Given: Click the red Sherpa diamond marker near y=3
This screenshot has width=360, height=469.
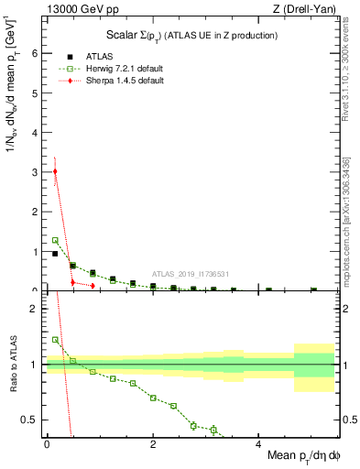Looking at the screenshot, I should [x=55, y=171].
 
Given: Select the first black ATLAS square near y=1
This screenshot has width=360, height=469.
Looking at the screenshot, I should [x=55, y=254].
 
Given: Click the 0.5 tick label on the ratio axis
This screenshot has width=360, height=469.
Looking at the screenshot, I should [x=33, y=420].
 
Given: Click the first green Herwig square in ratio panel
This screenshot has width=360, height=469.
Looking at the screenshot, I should [x=55, y=340].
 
